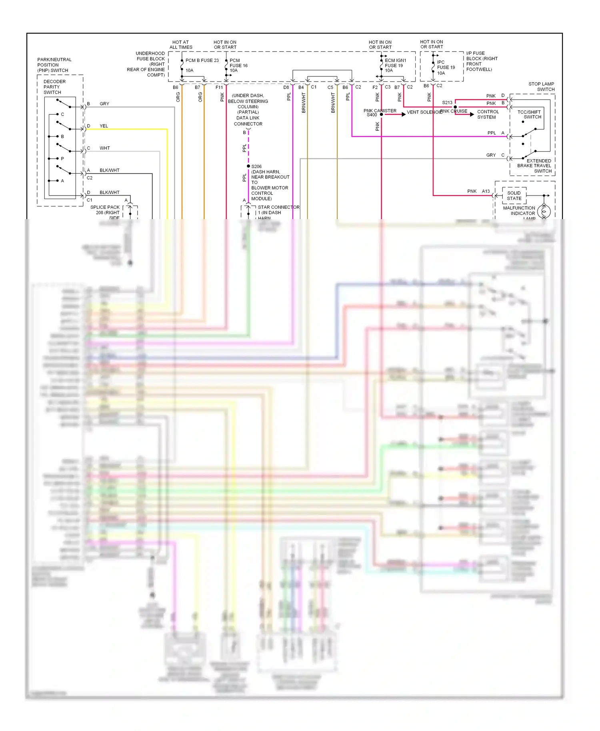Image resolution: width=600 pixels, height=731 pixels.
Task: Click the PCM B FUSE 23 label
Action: pos(202,60)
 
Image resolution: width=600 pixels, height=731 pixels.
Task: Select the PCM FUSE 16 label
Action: pos(238,66)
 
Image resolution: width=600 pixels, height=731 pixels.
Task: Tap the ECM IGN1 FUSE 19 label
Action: pos(395,65)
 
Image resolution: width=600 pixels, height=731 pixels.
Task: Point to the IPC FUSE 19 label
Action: pos(445,67)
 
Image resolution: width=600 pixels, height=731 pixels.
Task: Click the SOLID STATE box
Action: pos(514,196)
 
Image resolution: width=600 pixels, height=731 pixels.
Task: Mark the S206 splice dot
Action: pos(248,166)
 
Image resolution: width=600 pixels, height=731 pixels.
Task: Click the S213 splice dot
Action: pos(455,107)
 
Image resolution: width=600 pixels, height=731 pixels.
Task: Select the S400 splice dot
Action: pos(381,114)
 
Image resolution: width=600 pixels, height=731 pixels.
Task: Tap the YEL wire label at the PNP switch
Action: pos(104,126)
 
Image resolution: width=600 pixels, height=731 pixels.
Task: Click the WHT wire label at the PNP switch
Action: pos(104,148)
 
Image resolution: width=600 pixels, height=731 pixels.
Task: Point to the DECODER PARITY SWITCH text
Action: pos(54,87)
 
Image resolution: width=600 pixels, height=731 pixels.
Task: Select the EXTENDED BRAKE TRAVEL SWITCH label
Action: pos(534,166)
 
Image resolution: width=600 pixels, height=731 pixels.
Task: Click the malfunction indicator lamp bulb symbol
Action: pos(544,211)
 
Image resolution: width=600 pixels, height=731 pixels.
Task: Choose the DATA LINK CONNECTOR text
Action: pos(248,121)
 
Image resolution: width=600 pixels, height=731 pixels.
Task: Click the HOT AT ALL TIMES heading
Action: pos(181,44)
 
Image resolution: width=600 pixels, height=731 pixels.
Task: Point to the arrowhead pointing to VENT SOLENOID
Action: pos(404,114)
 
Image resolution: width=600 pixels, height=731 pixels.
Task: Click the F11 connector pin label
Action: pos(219,87)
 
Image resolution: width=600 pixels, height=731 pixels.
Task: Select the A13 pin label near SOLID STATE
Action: pos(486,191)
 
